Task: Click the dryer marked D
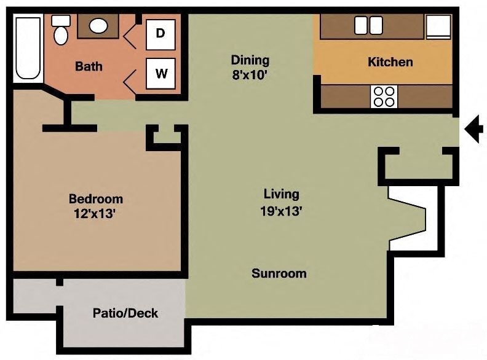[160, 34]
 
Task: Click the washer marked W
[160, 74]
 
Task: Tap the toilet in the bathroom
[61, 31]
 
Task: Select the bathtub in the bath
[27, 48]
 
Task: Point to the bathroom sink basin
[98, 26]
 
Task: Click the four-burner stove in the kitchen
[384, 96]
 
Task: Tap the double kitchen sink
[368, 25]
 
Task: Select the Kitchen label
[390, 62]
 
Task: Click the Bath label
[89, 66]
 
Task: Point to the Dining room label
[250, 60]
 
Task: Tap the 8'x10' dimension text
[250, 76]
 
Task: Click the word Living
[281, 195]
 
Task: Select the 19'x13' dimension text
[281, 211]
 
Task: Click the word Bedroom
[95, 199]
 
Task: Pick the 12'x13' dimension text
[95, 215]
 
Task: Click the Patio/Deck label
[125, 313]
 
